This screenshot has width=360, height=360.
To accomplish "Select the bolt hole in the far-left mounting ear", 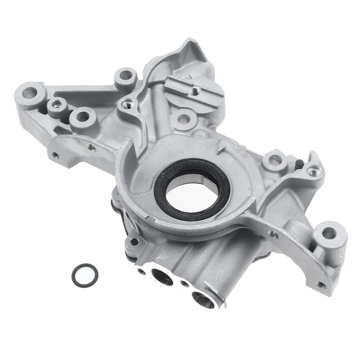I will (29, 92).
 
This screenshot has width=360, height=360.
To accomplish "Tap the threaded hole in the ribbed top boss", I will (194, 91).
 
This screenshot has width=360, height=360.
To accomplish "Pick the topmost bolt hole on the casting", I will (125, 75).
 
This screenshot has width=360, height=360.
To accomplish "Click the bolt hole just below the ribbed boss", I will (183, 120).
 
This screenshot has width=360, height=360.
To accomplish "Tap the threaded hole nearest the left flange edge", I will (55, 154).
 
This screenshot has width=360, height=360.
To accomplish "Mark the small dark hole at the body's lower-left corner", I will (133, 241).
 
